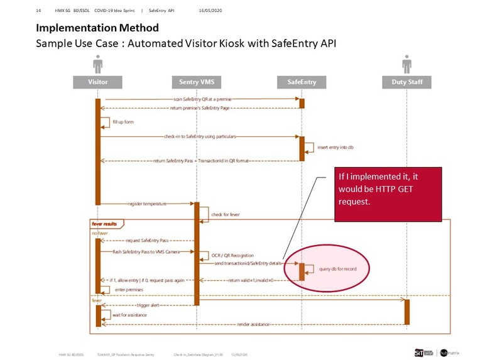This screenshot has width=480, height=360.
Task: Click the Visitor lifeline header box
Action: (x=97, y=82)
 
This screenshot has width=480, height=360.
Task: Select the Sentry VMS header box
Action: (x=196, y=82)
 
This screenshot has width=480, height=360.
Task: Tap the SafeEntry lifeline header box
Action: (x=302, y=82)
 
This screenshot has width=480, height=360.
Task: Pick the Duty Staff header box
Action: (x=406, y=82)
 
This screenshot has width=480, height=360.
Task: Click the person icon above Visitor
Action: (x=97, y=64)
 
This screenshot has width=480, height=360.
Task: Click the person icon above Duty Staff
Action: (x=406, y=64)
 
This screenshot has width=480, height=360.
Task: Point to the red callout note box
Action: (x=388, y=194)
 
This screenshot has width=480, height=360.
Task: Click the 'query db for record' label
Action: (x=337, y=269)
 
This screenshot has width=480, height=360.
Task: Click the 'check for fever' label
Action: (x=226, y=214)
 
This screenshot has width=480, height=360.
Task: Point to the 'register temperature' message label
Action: (x=146, y=204)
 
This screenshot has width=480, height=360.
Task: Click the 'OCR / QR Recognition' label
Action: (x=232, y=255)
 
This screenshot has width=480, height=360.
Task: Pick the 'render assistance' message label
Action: (x=254, y=324)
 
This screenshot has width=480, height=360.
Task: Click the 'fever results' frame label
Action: (x=106, y=224)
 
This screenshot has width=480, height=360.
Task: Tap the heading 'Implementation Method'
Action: (x=97, y=28)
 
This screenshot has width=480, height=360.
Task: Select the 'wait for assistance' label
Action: (x=129, y=314)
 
